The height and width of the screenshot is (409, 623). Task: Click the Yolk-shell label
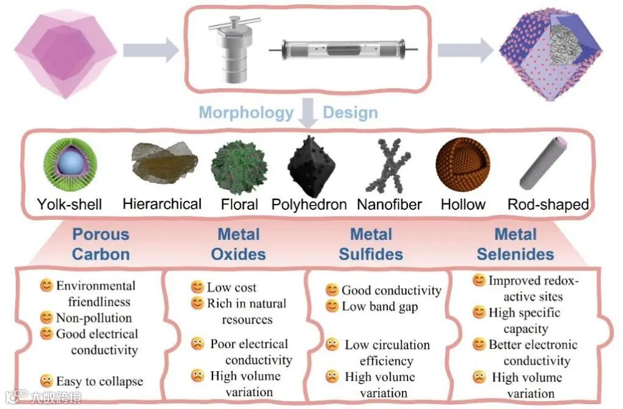[69, 204]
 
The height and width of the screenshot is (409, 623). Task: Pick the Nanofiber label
[389, 204]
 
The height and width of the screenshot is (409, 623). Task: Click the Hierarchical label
[162, 204]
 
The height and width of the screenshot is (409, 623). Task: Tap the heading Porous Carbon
[101, 244]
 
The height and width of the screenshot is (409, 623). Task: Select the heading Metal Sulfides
[371, 244]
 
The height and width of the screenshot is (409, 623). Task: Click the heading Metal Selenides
[516, 244]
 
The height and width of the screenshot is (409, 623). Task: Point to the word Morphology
[246, 113]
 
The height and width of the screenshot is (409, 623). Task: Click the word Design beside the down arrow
[350, 113]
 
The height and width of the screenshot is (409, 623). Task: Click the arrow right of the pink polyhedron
[150, 50]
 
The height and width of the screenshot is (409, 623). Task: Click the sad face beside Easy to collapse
[46, 381]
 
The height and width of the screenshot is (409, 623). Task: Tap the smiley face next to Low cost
[197, 287]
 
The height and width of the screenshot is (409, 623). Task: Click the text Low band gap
[380, 306]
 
